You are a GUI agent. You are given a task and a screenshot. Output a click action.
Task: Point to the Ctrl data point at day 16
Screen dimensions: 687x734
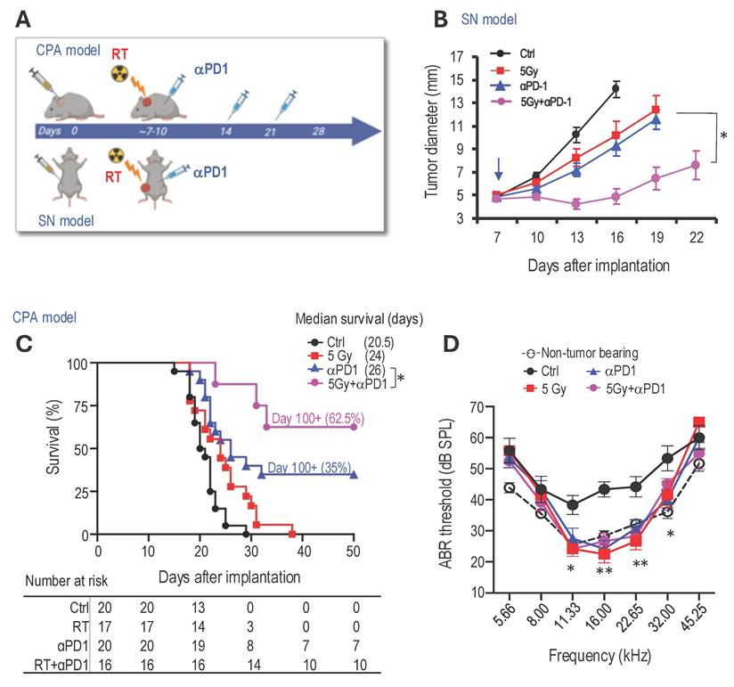pyautogui.click(x=615, y=87)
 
